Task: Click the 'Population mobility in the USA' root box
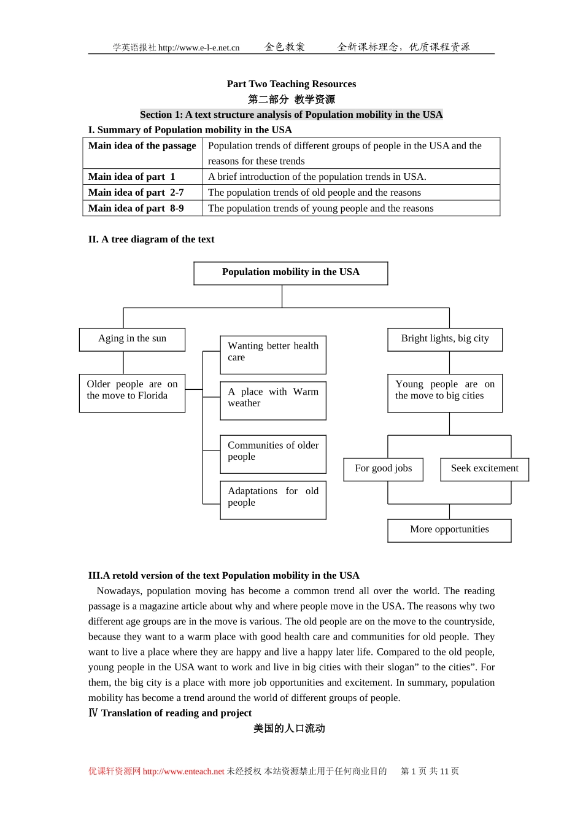(x=291, y=273)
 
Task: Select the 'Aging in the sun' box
(x=132, y=339)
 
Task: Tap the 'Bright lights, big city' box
(x=445, y=339)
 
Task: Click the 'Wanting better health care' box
(x=273, y=354)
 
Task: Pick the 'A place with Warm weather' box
(x=273, y=400)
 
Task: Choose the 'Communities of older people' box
(x=273, y=454)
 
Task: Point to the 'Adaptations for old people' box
(x=273, y=500)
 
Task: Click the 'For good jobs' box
(x=384, y=469)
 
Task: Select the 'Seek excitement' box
(x=484, y=469)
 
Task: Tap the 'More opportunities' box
(x=449, y=530)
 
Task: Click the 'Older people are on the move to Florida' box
(x=132, y=393)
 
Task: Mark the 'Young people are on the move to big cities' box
(x=445, y=393)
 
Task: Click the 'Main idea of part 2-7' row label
(x=136, y=193)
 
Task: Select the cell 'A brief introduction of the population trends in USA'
(x=317, y=177)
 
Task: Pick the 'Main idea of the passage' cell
(x=142, y=146)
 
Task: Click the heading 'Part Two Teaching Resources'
(x=291, y=84)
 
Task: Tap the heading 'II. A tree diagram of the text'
(x=151, y=239)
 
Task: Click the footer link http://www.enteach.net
(x=183, y=772)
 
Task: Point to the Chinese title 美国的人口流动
(x=289, y=729)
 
